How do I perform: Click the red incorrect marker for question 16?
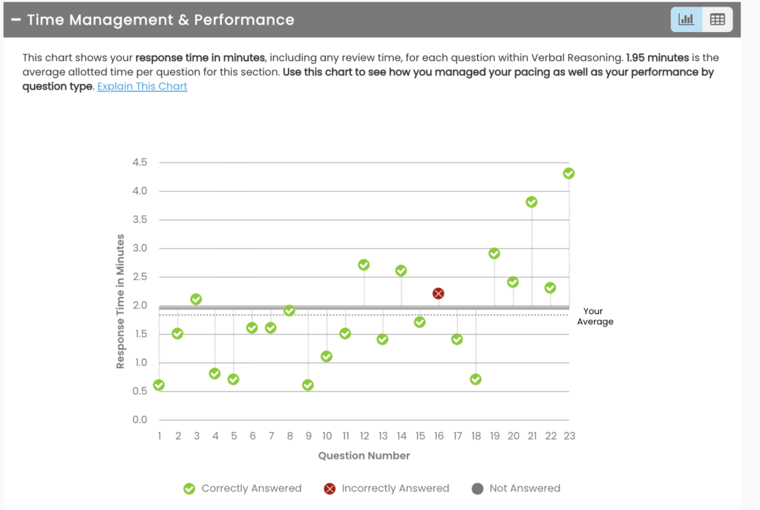(x=438, y=293)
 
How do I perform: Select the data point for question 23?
(x=569, y=173)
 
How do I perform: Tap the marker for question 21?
(x=531, y=202)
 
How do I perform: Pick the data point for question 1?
(x=159, y=385)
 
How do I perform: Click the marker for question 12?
(x=364, y=265)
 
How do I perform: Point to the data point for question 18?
(x=476, y=379)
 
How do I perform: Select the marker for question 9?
(x=308, y=385)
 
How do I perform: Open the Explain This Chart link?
(x=142, y=86)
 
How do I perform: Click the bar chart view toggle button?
(x=687, y=20)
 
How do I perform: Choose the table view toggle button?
(x=717, y=20)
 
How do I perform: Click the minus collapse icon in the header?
(x=16, y=20)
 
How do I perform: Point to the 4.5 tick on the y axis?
(x=139, y=163)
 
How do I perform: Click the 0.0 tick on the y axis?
(x=139, y=420)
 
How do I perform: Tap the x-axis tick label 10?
(x=327, y=436)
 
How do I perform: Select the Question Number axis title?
(x=364, y=455)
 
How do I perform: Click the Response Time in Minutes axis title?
(x=120, y=301)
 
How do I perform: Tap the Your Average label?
(x=594, y=316)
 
